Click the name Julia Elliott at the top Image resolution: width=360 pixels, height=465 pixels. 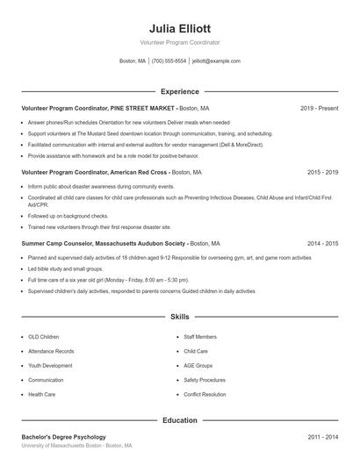(x=179, y=28)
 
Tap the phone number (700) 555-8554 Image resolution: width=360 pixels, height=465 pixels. (x=169, y=61)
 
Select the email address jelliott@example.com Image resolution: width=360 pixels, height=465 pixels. (x=216, y=61)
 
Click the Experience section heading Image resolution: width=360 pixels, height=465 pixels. (x=179, y=91)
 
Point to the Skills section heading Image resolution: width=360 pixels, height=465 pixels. (x=179, y=316)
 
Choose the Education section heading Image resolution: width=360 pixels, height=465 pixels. (x=179, y=420)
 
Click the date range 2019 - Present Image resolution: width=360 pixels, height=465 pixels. (x=319, y=108)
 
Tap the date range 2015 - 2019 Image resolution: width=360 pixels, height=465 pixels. (x=322, y=173)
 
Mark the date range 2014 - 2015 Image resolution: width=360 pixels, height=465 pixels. (x=322, y=242)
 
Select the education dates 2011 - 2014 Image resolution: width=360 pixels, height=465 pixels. (x=322, y=436)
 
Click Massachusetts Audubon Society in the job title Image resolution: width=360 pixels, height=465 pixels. (x=143, y=242)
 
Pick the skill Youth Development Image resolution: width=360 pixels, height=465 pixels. (x=50, y=365)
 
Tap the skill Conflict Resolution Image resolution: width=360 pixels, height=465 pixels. (x=205, y=394)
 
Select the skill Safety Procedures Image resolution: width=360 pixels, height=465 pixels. (x=205, y=380)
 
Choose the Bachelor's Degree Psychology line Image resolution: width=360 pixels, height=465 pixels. (x=63, y=436)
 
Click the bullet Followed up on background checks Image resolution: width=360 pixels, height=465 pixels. (x=68, y=215)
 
